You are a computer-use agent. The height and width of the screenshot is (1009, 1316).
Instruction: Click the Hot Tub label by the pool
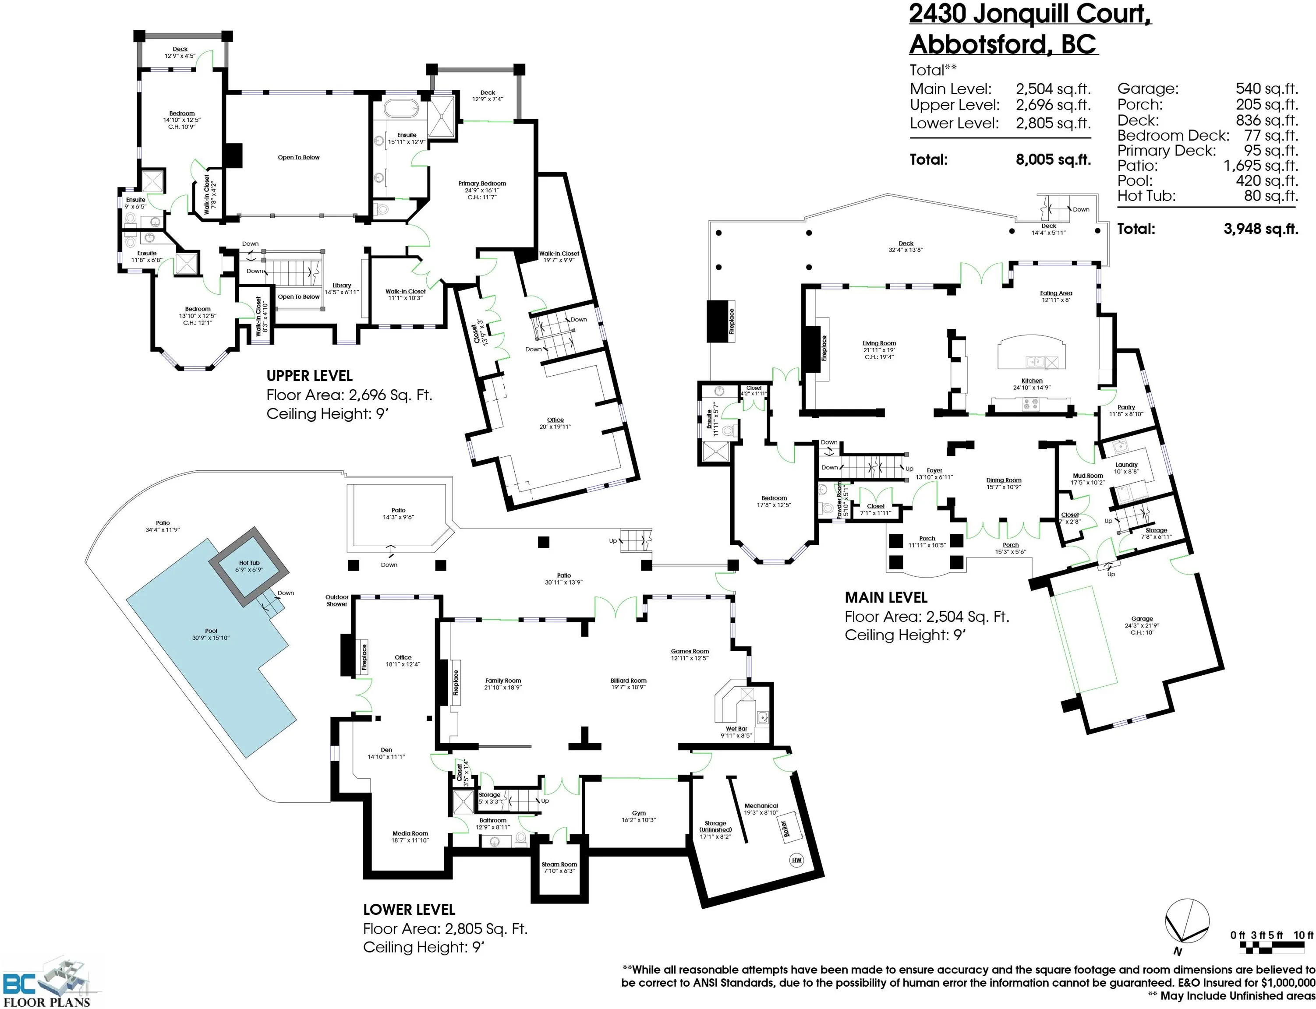click(249, 563)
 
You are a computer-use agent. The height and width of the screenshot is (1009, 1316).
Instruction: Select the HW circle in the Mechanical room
click(796, 860)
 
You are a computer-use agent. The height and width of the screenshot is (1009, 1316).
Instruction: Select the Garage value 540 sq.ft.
click(1267, 89)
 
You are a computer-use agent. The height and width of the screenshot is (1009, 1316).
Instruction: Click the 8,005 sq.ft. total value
click(1054, 159)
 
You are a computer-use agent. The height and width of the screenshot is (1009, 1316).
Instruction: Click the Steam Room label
click(559, 864)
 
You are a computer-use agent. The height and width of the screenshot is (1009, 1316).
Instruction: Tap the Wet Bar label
click(736, 729)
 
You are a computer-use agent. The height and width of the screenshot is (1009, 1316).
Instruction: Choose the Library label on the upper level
click(342, 285)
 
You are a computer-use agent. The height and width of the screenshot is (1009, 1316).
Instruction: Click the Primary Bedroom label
click(482, 183)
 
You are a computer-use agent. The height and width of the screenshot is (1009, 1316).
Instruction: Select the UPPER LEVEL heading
click(309, 376)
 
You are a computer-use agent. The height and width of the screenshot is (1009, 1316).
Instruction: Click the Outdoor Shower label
click(337, 600)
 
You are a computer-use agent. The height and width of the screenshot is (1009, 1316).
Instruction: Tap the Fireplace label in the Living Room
click(824, 348)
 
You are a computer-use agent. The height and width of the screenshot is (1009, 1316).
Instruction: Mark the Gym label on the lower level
click(638, 813)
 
